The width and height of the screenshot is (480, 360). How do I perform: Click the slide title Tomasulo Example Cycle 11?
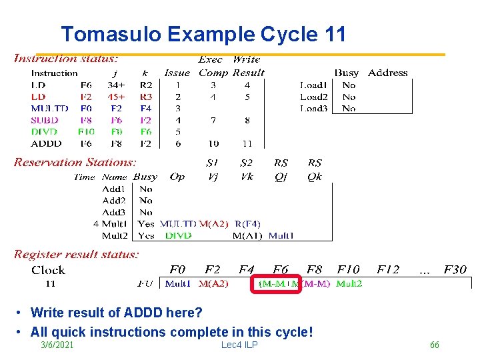(x=203, y=34)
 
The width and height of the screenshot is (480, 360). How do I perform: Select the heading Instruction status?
(x=66, y=59)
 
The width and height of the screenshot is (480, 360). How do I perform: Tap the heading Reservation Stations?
(x=75, y=162)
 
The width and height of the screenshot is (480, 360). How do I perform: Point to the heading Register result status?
(x=76, y=254)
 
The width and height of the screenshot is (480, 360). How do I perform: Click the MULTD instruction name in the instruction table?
(x=49, y=108)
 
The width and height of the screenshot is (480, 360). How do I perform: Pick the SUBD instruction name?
(x=45, y=120)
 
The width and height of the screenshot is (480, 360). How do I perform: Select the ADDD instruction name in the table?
(x=46, y=143)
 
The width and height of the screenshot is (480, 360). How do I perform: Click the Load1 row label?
(x=313, y=85)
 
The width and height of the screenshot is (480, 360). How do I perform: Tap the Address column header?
(x=387, y=73)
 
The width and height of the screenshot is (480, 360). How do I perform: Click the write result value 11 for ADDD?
(x=247, y=143)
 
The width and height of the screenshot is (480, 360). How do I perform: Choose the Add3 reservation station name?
(x=114, y=212)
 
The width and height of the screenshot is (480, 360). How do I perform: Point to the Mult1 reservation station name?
(x=114, y=224)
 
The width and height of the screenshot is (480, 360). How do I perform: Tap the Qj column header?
(x=281, y=177)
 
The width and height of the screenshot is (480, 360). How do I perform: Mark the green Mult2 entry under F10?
(x=349, y=284)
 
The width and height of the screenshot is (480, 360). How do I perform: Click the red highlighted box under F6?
(x=277, y=284)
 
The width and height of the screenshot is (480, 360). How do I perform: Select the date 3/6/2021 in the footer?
(x=57, y=345)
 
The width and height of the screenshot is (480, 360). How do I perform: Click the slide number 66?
(x=434, y=345)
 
